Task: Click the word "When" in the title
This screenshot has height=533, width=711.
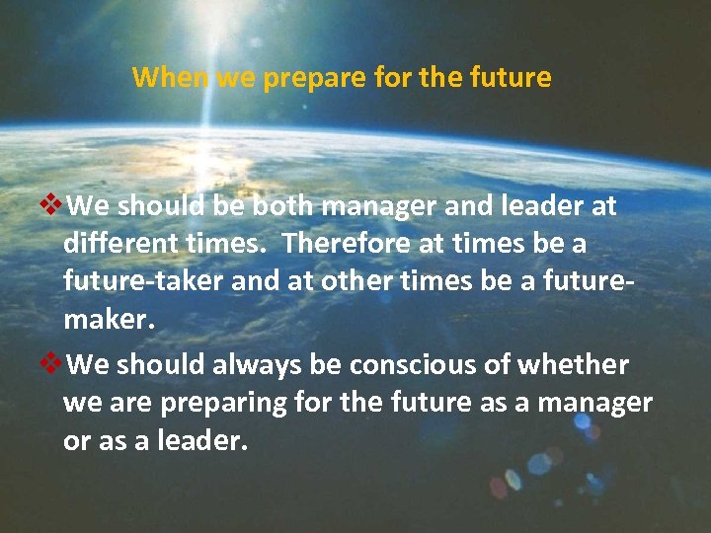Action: [170, 77]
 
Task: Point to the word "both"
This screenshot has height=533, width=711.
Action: [283, 205]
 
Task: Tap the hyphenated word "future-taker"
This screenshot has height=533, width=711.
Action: [143, 280]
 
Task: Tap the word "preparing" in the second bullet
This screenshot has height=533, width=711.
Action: [210, 404]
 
